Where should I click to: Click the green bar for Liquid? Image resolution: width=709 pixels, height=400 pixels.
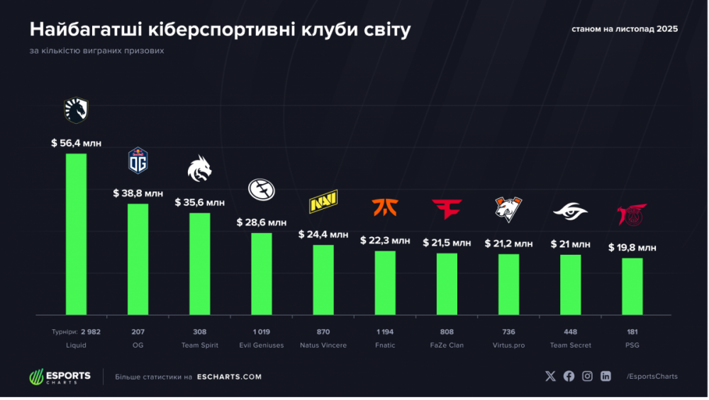(76, 234)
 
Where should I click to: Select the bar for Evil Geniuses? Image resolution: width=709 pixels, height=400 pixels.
(262, 273)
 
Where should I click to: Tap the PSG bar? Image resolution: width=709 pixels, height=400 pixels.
(632, 286)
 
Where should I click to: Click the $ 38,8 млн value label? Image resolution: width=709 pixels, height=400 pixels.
(138, 193)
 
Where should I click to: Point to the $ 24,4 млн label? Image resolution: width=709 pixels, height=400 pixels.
(323, 234)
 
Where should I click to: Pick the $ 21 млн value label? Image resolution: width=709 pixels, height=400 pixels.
(570, 244)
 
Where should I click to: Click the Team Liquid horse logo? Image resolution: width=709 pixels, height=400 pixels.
(76, 110)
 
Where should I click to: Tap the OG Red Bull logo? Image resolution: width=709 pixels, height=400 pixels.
(138, 160)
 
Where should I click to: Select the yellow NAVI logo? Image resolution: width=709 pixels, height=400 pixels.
(323, 201)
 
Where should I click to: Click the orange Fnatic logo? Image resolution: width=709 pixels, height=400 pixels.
(385, 207)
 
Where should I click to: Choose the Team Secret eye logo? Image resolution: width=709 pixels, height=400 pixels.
(570, 211)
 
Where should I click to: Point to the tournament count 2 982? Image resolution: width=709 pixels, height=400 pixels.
(91, 332)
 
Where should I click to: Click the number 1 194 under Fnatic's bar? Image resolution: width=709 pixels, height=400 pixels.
(385, 332)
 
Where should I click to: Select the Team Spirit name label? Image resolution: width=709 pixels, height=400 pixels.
(199, 345)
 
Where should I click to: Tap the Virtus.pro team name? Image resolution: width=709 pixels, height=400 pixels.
(508, 345)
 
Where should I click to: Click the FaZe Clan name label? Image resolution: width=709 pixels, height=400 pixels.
(447, 345)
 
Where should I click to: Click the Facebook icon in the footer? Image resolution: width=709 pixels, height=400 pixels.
(569, 376)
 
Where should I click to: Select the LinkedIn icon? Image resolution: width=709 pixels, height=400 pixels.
(605, 376)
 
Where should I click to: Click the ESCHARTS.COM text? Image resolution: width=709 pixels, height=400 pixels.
(229, 377)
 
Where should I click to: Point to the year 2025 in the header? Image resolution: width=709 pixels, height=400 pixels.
(667, 29)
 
